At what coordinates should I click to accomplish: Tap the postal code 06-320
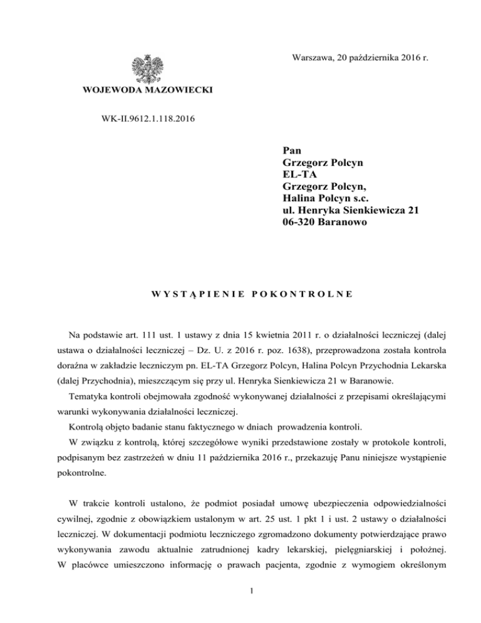(303, 223)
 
